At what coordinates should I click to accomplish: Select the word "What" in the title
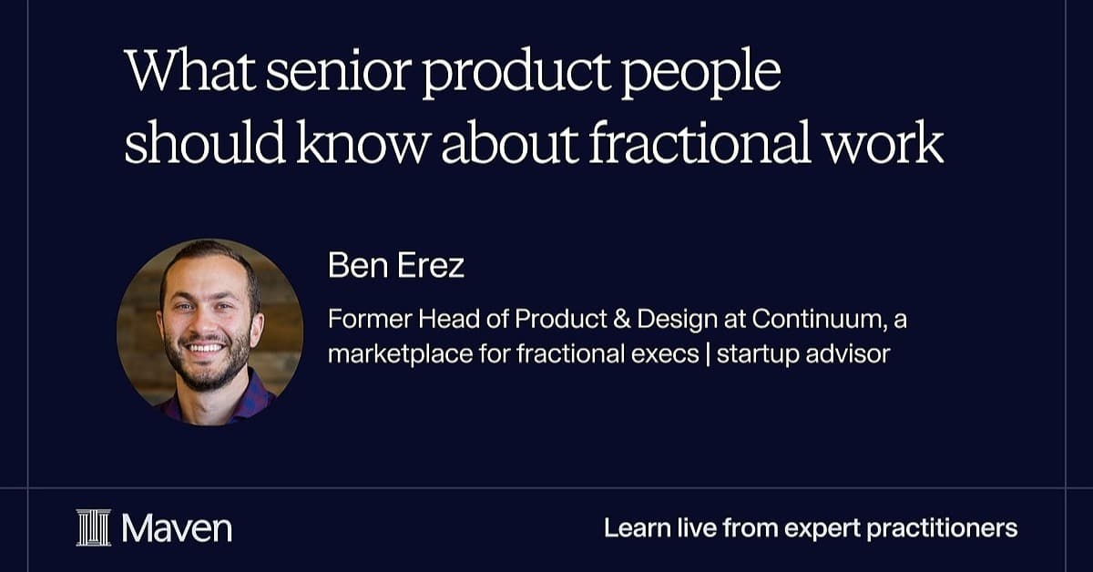190,70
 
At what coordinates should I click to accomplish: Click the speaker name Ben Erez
395,265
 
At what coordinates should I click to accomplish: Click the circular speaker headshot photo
209,332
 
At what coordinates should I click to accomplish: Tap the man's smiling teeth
205,348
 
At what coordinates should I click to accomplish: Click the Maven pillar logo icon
94,527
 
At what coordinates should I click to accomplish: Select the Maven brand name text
177,528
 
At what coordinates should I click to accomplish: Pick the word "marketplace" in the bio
400,354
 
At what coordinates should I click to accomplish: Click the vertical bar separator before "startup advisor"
708,354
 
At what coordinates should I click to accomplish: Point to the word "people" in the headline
701,73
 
